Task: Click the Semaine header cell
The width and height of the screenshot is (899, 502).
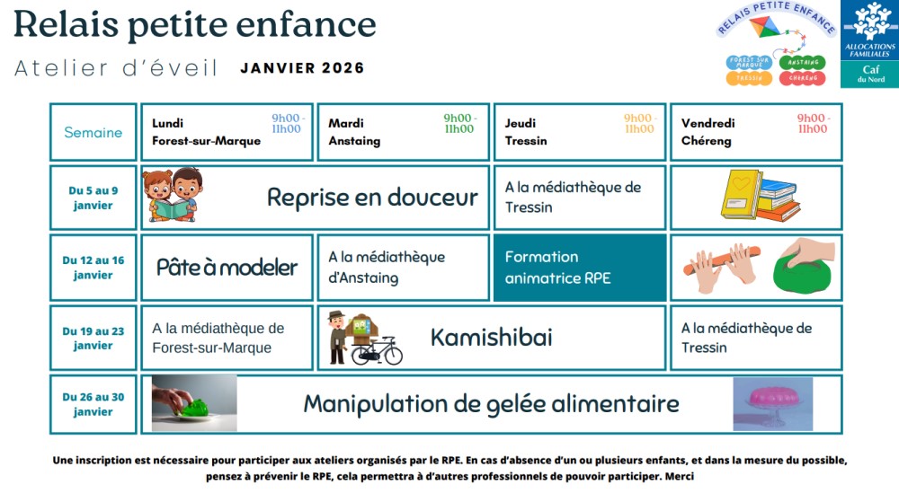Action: coord(93,132)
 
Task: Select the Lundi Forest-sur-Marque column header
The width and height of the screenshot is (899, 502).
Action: coord(227,132)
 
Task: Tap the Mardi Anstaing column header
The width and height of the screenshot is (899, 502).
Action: coord(403,132)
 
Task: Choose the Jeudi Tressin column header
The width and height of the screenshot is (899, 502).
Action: coord(580,132)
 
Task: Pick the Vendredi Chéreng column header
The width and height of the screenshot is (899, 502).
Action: coord(756,132)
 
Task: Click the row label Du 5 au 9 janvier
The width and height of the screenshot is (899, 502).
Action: coord(93,198)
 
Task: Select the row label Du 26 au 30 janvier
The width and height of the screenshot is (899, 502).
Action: coord(93,404)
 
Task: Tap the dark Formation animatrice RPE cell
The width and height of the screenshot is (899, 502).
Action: coord(580,268)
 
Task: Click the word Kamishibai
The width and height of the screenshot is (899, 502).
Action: coord(492,337)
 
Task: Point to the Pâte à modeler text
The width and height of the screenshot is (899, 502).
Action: coord(227,268)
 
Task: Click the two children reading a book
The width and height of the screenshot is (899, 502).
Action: coord(173,195)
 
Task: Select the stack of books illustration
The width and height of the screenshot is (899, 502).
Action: coord(761,195)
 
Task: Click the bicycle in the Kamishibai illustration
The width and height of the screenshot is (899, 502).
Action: coord(377,350)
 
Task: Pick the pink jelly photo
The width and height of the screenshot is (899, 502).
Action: coord(773,403)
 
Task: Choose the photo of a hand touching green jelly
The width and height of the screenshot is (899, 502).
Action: coord(194,403)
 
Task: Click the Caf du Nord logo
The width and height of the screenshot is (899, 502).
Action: coord(869,44)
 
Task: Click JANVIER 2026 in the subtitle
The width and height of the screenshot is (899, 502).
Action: coord(302,68)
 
